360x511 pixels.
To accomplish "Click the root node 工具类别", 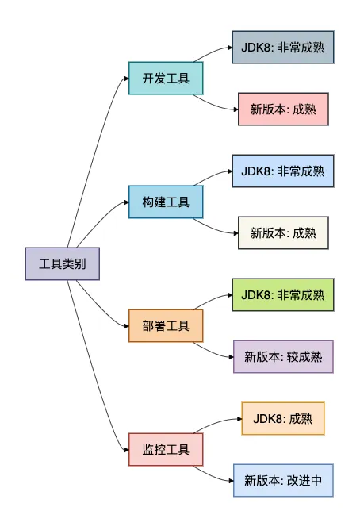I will pos(62,264).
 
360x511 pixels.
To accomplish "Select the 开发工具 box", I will pos(166,79).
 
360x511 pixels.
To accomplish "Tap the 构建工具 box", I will pos(166,202).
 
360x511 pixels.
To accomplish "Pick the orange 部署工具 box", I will pos(166,326).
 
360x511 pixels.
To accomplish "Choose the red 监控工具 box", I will pos(166,450).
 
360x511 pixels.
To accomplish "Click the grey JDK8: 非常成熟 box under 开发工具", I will pos(283,48).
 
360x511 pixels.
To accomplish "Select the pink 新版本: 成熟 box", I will pos(283,109).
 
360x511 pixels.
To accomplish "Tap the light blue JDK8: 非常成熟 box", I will pos(283,171).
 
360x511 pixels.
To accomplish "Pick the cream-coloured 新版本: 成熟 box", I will pos(283,232).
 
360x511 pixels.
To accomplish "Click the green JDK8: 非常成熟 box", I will pos(283,294).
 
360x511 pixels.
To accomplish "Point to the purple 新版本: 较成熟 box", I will pos(283,356).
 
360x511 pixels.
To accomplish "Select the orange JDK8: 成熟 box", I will pos(283,418).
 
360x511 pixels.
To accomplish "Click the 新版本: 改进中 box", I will pos(283,480).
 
